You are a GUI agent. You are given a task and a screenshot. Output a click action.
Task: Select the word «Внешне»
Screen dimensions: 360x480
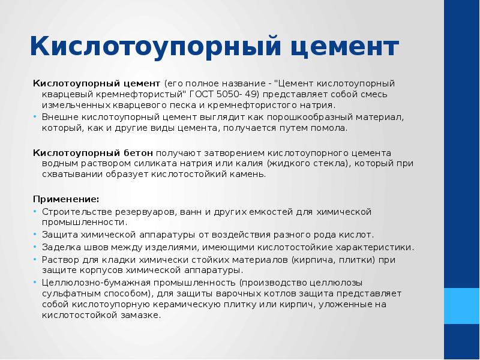tap(59, 116)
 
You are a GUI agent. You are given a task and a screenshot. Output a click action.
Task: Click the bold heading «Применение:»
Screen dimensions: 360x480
tap(66, 199)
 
